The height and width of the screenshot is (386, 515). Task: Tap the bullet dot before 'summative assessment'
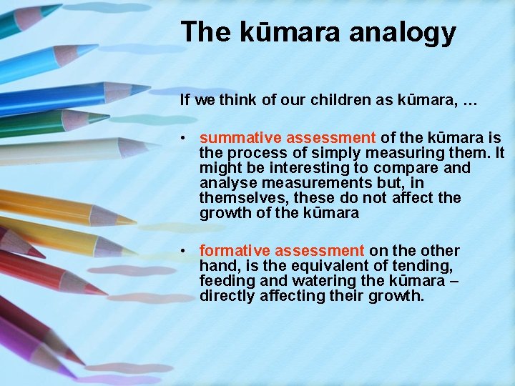[x=185, y=138]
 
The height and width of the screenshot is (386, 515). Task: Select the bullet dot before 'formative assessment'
[x=185, y=251]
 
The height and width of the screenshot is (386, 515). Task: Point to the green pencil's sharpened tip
[x=107, y=117]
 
